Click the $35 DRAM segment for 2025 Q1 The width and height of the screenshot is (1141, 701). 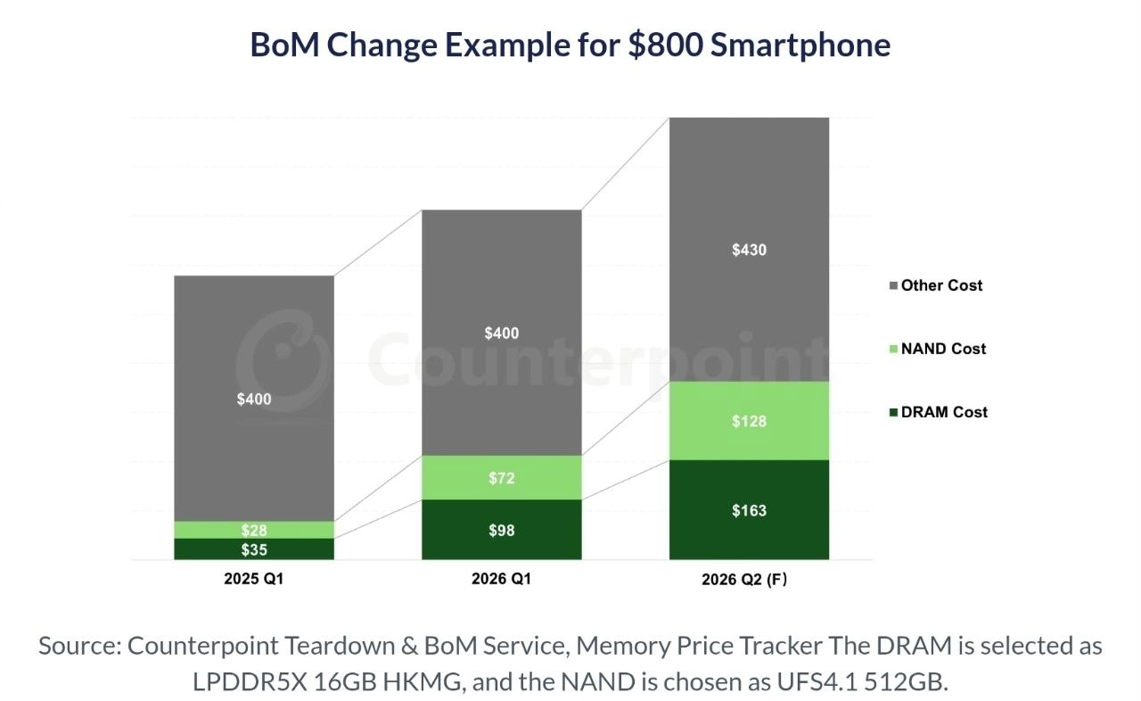click(x=253, y=549)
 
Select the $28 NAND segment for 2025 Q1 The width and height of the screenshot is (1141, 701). click(x=253, y=530)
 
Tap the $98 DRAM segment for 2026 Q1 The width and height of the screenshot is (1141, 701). click(x=501, y=530)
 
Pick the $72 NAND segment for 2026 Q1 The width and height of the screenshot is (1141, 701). click(x=501, y=478)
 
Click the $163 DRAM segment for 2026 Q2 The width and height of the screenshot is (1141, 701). click(x=749, y=510)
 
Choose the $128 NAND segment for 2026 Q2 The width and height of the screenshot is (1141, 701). click(x=749, y=421)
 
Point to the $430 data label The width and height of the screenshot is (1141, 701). click(x=749, y=251)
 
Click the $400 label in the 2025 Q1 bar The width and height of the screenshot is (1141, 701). click(x=254, y=400)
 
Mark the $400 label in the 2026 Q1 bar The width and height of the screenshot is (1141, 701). click(x=502, y=334)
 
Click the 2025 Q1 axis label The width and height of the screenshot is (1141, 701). click(x=253, y=580)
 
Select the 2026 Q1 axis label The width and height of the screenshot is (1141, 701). click(x=501, y=580)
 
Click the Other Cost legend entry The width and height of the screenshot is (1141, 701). click(x=940, y=285)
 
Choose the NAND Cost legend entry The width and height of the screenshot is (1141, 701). click(x=942, y=349)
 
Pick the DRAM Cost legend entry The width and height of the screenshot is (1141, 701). click(x=943, y=412)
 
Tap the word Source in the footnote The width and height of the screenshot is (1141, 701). click(x=78, y=646)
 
